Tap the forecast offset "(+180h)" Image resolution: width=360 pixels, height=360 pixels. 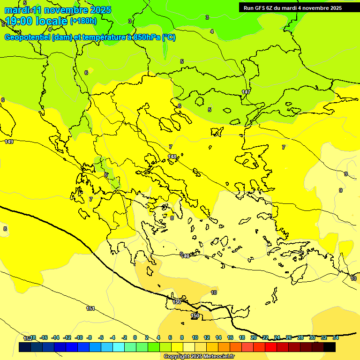pyautogui.click(x=83, y=21)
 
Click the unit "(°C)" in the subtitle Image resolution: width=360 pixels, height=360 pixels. pyautogui.click(x=169, y=37)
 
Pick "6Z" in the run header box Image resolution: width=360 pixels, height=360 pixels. pyautogui.click(x=277, y=8)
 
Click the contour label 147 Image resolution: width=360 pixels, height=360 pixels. pyautogui.click(x=246, y=92)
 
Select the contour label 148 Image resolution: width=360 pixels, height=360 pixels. pyautogui.click(x=172, y=157)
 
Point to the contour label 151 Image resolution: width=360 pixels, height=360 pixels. pyautogui.click(x=90, y=308)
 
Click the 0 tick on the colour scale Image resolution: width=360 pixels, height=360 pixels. pyautogui.click(x=135, y=337)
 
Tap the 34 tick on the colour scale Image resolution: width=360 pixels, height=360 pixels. pyautogui.click(x=336, y=337)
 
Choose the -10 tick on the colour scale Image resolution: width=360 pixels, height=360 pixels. pyautogui.click(x=79, y=337)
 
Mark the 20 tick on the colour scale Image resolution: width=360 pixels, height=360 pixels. pyautogui.click(x=254, y=337)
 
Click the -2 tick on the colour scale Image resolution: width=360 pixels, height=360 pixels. pyautogui.click(x=124, y=337)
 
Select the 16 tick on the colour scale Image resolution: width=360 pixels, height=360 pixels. pyautogui.click(x=230, y=337)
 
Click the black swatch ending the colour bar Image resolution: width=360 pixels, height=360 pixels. pyautogui.click(x=330, y=347)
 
